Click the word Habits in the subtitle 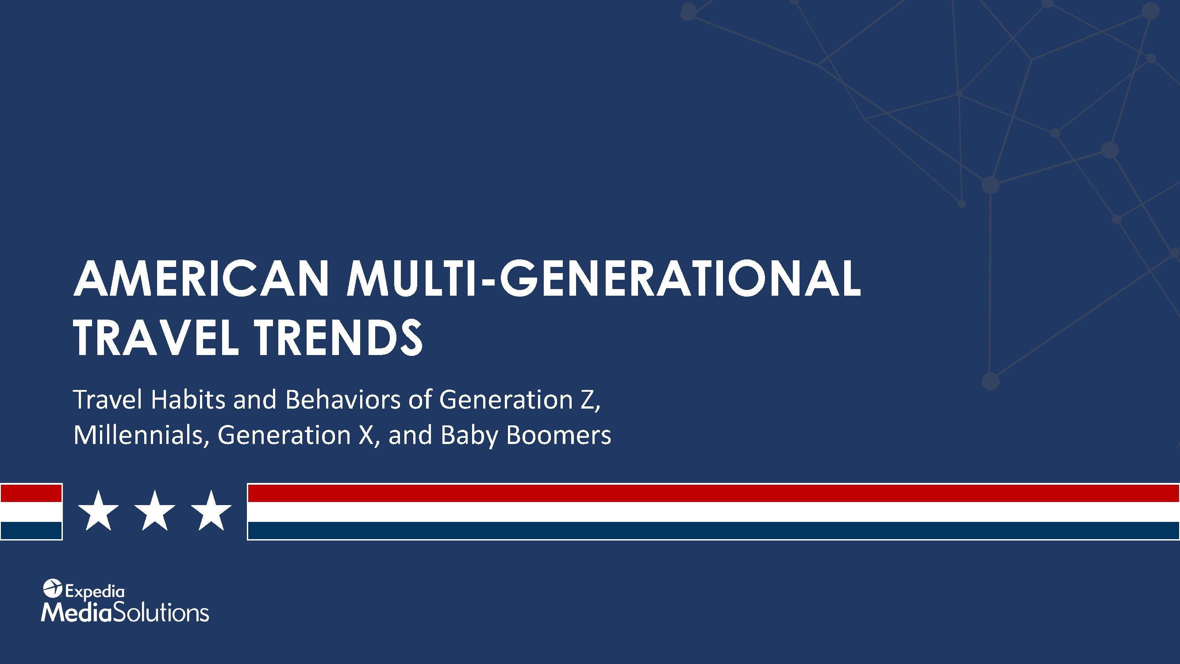click(188, 399)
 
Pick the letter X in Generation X click(366, 435)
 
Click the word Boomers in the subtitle click(558, 435)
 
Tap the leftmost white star click(99, 511)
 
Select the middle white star click(155, 511)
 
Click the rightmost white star click(211, 511)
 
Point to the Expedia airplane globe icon click(52, 588)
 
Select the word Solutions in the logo click(161, 613)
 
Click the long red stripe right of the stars click(714, 494)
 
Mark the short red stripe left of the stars click(31, 494)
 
